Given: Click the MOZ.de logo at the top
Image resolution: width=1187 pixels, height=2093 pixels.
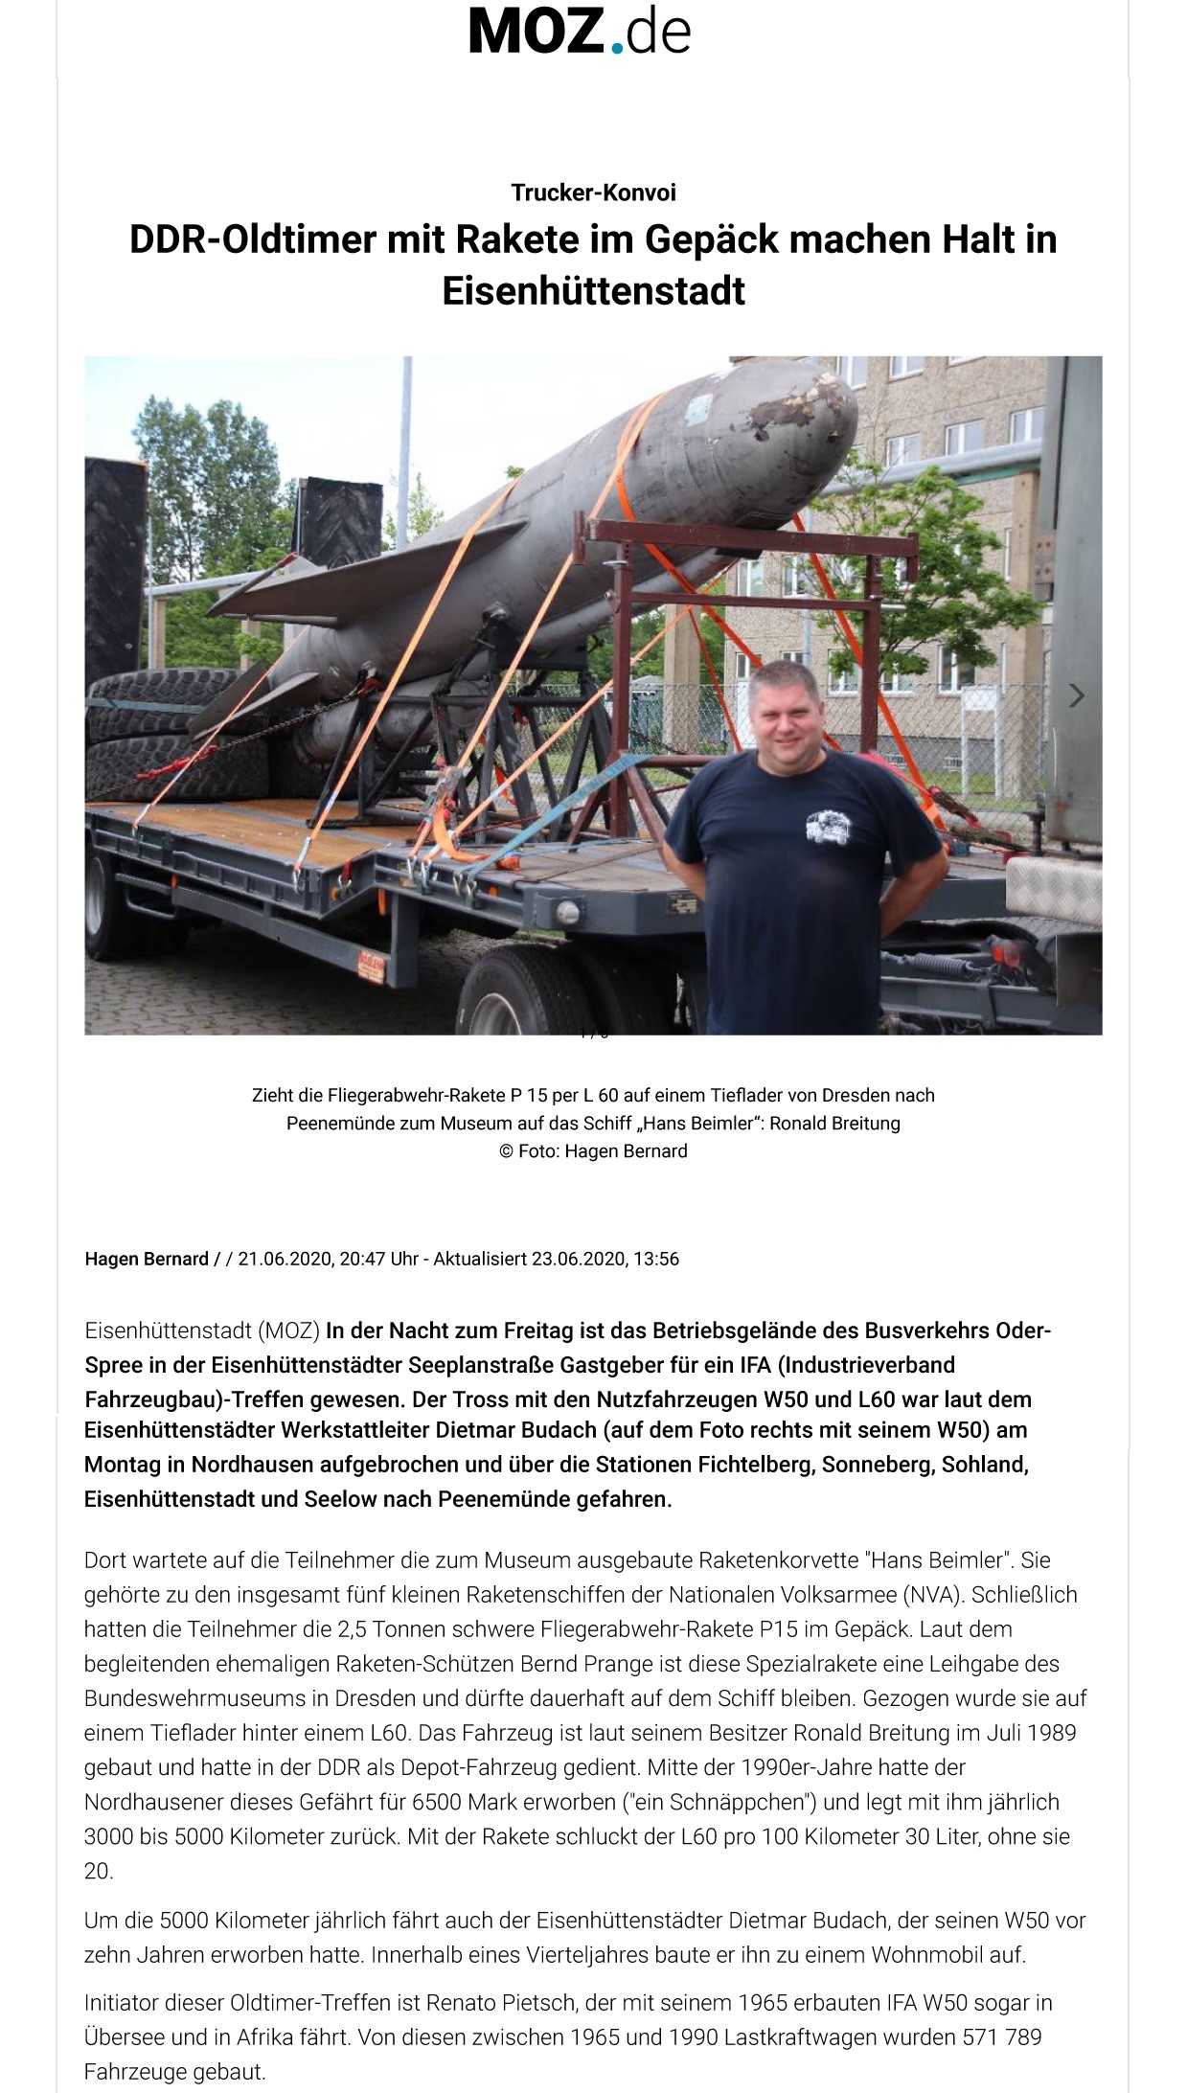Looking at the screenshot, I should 579,31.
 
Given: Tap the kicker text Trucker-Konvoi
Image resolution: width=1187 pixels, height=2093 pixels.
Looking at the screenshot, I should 593,193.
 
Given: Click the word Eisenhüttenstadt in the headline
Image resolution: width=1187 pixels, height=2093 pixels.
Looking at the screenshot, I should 593,291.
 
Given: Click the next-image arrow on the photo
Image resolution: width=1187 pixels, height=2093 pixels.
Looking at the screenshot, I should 1077,695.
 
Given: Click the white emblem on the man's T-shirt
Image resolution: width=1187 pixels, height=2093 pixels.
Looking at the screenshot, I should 827,826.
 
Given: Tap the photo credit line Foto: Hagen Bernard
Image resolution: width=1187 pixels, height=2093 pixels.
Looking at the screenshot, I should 593,1151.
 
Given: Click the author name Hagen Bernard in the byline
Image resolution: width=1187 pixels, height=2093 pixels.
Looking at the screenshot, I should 147,1259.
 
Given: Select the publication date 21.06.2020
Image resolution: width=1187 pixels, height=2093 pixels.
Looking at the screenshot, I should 284,1259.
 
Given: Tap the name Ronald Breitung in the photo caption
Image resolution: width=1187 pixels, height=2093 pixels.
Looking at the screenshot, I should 834,1123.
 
